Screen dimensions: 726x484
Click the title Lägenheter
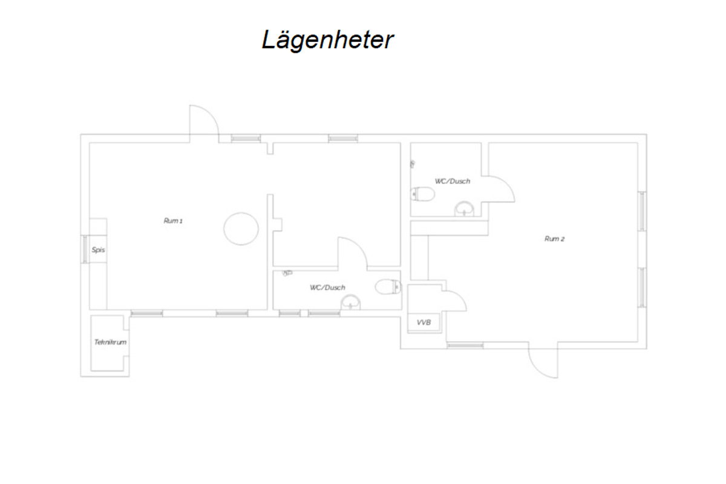328,40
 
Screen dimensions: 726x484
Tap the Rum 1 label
173,221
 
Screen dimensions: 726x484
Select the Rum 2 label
554,239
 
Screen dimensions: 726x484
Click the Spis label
98,250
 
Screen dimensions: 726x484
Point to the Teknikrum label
110,342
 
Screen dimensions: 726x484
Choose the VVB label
423,322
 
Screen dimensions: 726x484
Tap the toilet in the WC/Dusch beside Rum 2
423,194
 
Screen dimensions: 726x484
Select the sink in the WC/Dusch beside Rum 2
464,209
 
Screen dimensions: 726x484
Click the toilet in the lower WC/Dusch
388,287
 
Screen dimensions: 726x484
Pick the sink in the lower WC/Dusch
350,302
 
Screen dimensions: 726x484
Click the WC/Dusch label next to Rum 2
453,181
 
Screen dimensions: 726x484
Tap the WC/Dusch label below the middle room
327,287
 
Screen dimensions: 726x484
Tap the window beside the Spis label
85,249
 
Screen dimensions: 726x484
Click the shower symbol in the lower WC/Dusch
287,273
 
